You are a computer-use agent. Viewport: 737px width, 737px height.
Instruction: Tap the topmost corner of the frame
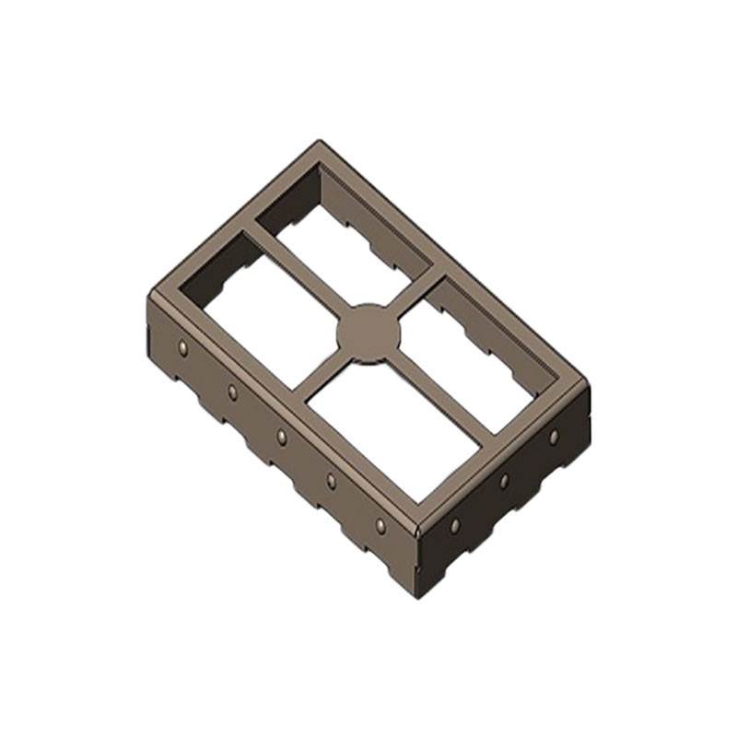[320, 143]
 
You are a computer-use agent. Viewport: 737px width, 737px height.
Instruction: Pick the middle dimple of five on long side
[281, 437]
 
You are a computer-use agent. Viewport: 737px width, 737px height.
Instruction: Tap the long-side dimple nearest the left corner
[183, 347]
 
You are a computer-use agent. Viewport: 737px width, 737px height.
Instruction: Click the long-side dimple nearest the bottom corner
[380, 525]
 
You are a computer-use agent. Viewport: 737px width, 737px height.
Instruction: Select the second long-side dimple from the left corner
[232, 392]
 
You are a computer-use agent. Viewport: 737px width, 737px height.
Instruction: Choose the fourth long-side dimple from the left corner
[331, 481]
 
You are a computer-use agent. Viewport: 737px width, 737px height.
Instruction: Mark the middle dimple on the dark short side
[504, 481]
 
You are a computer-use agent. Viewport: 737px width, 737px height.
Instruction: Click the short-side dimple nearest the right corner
[554, 437]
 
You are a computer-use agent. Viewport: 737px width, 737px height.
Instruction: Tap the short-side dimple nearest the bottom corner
[454, 525]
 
